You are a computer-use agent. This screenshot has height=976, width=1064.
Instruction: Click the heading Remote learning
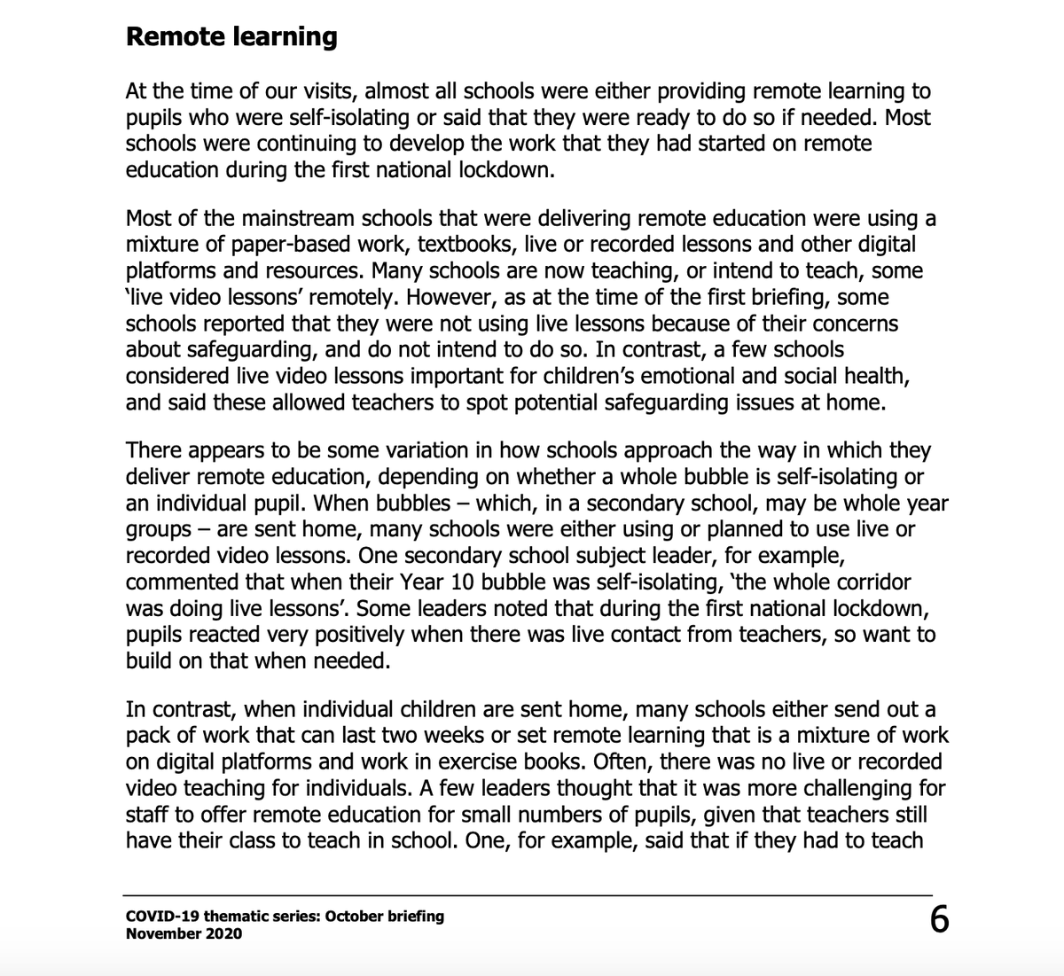click(231, 37)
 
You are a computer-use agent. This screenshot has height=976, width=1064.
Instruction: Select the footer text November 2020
click(184, 933)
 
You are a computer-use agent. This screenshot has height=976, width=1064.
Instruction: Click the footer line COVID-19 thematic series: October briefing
click(285, 916)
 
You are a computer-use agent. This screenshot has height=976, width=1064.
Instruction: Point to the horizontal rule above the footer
click(528, 895)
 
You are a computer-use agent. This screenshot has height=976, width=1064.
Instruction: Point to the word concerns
click(853, 323)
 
